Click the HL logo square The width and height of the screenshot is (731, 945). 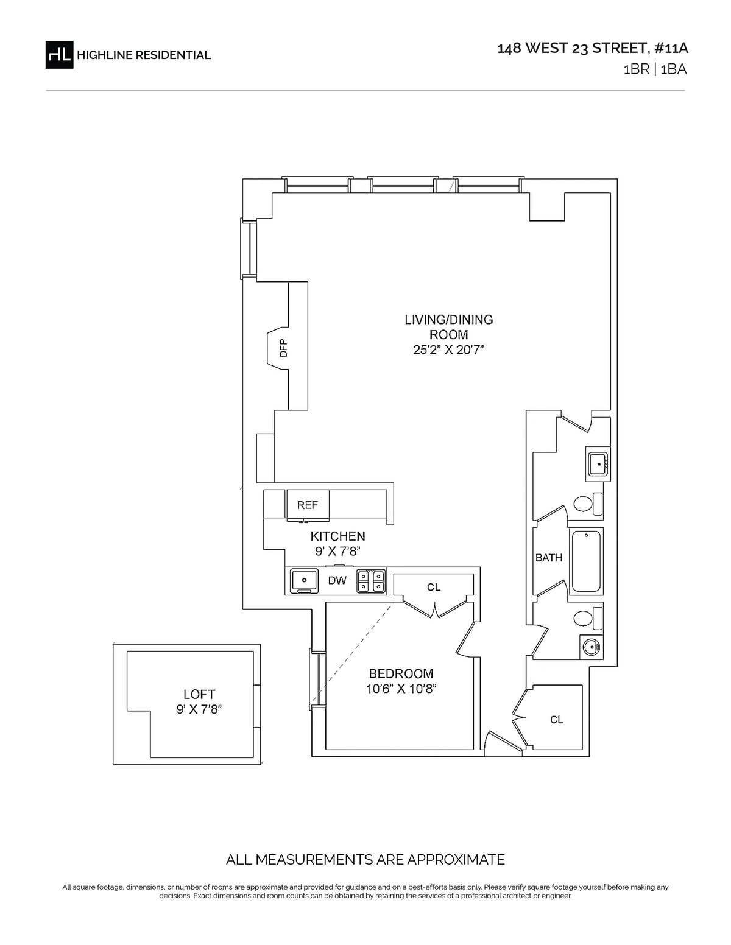tap(59, 55)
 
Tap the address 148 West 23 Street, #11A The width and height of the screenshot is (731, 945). tap(592, 49)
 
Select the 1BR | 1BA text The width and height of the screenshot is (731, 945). tap(655, 69)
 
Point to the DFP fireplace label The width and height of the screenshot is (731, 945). tap(283, 348)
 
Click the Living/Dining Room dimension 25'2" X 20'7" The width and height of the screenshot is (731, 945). tap(448, 350)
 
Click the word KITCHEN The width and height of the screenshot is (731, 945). tap(337, 536)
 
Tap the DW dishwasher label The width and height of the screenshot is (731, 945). tap(337, 580)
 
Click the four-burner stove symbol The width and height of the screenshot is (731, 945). tap(371, 581)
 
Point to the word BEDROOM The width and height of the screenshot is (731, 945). tap(401, 673)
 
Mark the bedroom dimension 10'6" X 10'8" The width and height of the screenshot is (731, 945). tap(401, 689)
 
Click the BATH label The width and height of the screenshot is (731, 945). tap(548, 558)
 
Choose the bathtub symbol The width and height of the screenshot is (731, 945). tap(586, 561)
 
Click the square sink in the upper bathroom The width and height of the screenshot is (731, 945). tap(598, 464)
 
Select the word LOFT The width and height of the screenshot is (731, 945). tap(199, 695)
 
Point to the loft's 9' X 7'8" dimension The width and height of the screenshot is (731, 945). tap(199, 709)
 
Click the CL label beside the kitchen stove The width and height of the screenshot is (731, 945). tap(434, 587)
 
